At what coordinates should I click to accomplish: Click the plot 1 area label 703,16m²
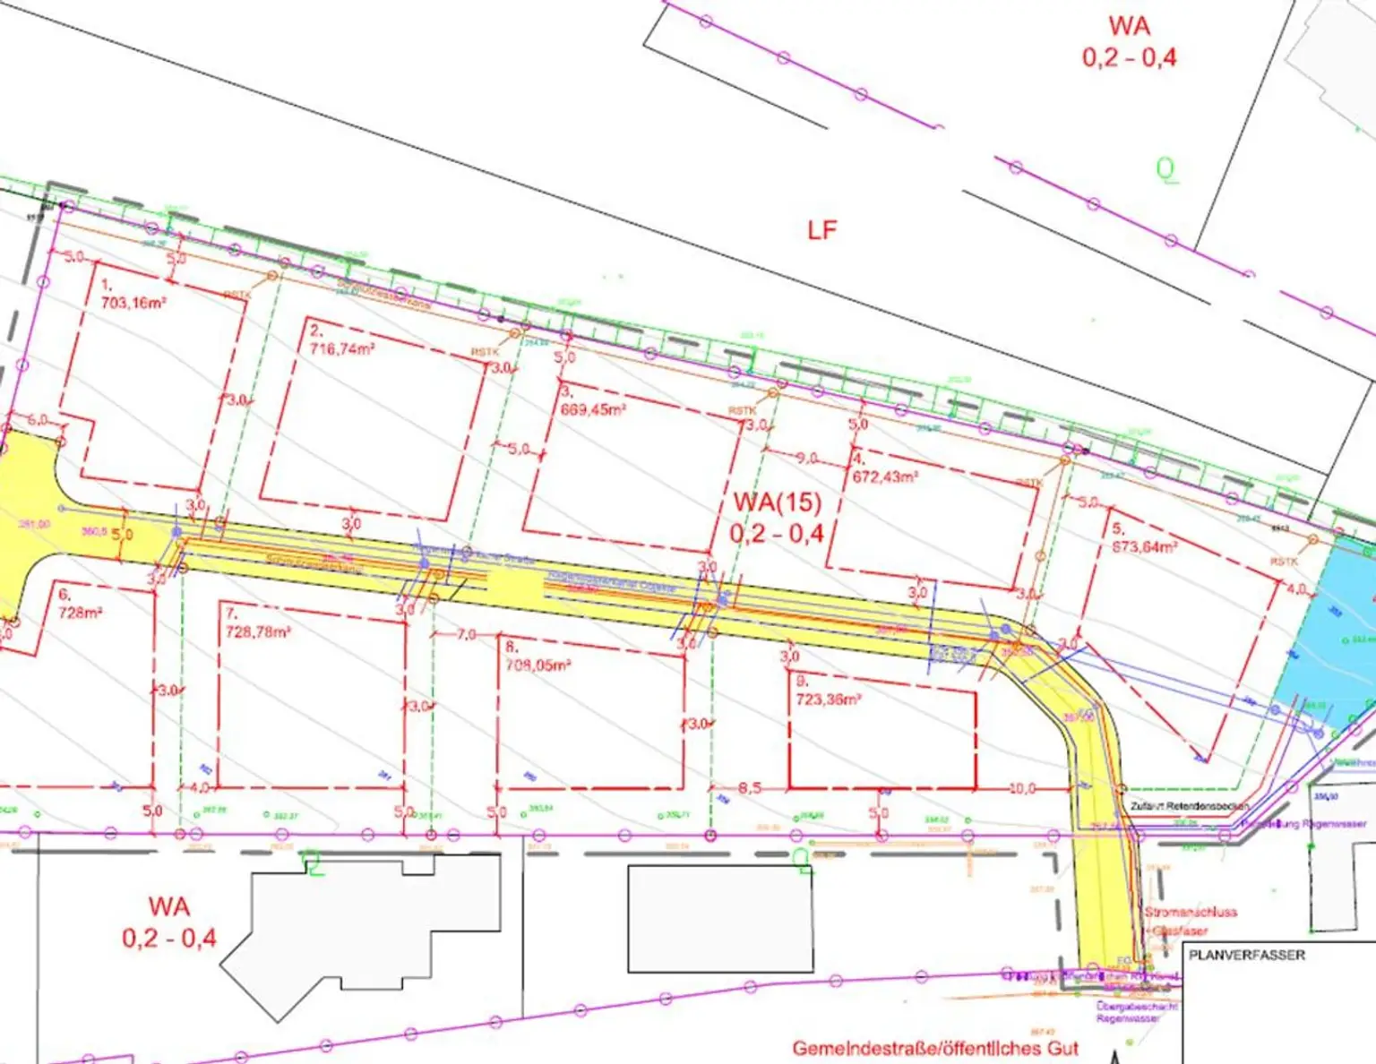pos(133,303)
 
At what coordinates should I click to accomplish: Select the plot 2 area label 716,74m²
pos(342,348)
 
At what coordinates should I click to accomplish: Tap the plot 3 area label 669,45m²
pos(592,409)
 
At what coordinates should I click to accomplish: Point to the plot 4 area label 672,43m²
pos(884,476)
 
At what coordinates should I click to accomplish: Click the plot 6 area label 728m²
pos(81,613)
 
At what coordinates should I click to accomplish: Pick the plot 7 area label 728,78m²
pos(258,631)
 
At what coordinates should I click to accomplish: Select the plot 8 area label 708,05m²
pos(537,665)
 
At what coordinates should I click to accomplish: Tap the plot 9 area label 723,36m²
pos(829,699)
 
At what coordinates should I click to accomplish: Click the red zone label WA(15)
pos(777,502)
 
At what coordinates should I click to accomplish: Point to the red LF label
pos(821,230)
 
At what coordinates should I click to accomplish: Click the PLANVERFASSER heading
pos(1247,955)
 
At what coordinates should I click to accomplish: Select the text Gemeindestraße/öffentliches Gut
pos(935,1048)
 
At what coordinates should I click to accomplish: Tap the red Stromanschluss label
pos(1191,912)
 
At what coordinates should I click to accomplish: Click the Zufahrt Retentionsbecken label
pos(1189,806)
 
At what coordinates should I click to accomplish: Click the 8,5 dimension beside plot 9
pos(750,788)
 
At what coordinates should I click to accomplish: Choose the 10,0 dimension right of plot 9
pos(1022,788)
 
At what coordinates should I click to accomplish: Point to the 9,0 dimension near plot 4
pos(807,458)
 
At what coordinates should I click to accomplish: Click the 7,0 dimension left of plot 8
pos(467,634)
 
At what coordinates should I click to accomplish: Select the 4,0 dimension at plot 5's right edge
pos(1295,589)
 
